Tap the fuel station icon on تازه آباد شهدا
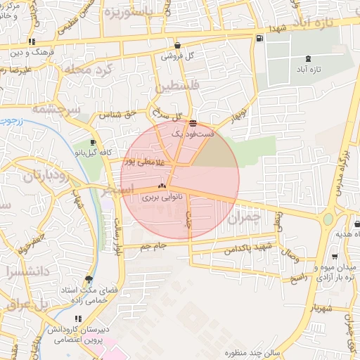coord(260,38)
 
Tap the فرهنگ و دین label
coord(31,53)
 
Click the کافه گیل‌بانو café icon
coord(93,143)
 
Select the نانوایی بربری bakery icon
coord(162,187)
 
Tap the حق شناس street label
coord(115,114)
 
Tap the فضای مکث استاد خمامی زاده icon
coord(89,278)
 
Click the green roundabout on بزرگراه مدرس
coord(328,219)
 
